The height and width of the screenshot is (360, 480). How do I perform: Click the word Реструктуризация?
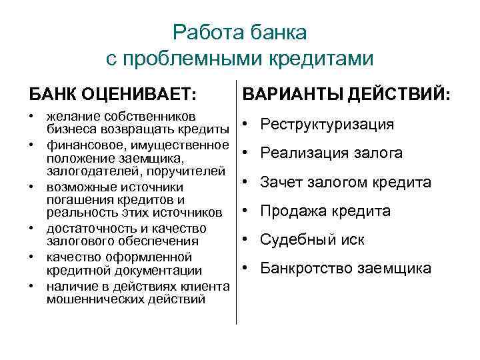click(x=327, y=125)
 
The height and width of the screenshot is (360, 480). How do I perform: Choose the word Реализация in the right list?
click(x=301, y=153)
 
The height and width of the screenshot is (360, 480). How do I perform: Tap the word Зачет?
click(x=281, y=182)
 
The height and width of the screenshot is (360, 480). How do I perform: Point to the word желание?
click(x=70, y=115)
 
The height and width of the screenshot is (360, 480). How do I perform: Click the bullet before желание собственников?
click(x=31, y=115)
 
